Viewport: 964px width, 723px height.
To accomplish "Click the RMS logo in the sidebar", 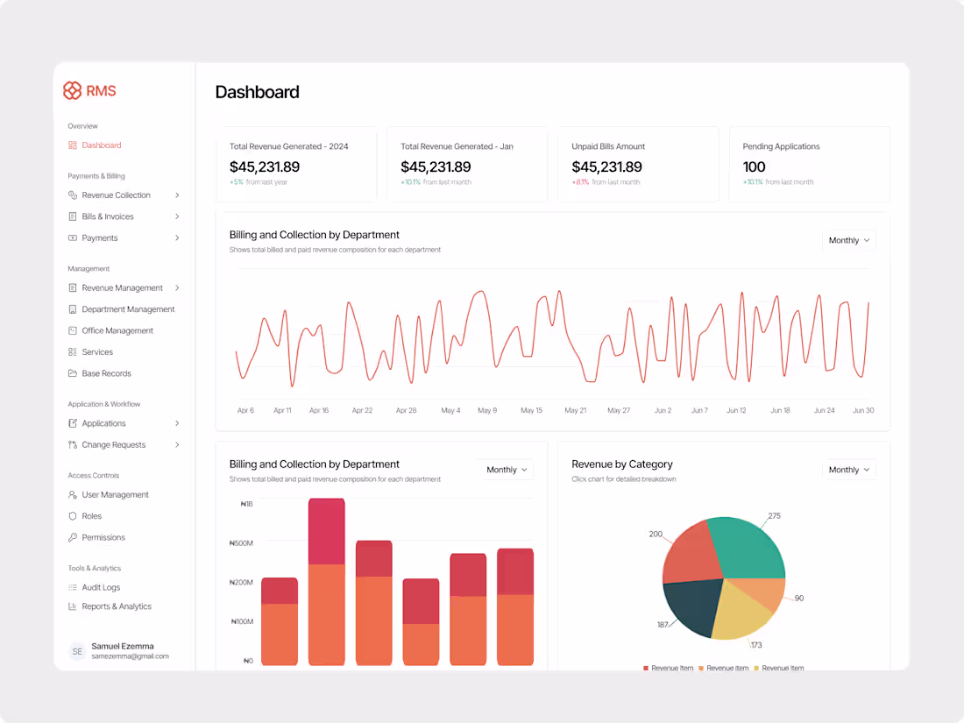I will (89, 91).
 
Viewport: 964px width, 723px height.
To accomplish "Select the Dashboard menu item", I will (101, 145).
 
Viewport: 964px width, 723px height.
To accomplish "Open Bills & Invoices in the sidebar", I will (107, 216).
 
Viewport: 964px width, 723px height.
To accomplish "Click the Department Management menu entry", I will (128, 309).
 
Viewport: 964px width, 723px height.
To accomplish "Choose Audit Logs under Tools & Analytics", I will (101, 587).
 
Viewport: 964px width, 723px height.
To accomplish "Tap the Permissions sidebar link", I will (103, 537).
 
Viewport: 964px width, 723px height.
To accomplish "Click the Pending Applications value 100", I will (754, 167).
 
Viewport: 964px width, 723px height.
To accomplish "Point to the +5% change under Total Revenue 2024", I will (236, 182).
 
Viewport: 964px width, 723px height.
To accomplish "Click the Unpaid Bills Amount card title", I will (608, 146).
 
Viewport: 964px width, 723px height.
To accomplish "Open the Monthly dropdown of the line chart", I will (848, 240).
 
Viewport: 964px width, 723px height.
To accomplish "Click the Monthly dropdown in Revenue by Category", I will (848, 470).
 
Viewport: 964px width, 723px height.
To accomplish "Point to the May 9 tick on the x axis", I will (487, 410).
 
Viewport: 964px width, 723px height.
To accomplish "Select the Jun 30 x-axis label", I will (862, 410).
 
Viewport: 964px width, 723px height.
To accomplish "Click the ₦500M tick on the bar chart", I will (241, 543).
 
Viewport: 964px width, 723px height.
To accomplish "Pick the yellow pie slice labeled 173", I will (739, 609).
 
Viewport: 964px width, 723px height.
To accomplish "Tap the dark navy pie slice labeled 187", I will (691, 605).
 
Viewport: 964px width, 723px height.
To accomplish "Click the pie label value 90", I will (798, 599).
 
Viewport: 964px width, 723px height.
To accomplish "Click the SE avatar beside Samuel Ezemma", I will (77, 651).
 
